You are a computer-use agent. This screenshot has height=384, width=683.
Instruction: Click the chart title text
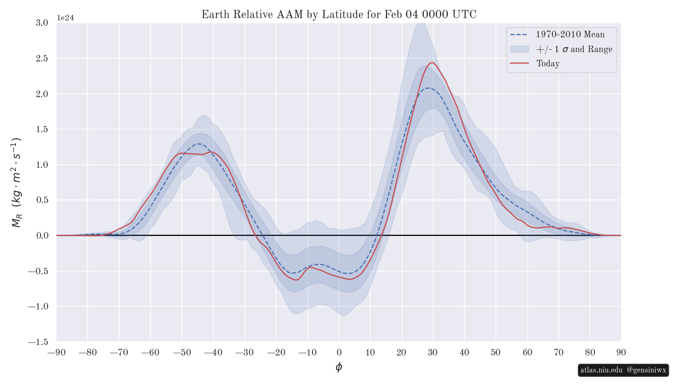click(339, 15)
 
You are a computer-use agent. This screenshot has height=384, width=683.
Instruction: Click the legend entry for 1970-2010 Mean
click(570, 35)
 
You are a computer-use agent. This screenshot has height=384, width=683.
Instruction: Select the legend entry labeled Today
click(548, 64)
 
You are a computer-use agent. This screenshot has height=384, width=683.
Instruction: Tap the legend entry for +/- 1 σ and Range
click(574, 49)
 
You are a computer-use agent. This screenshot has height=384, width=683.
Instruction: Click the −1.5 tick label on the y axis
click(38, 342)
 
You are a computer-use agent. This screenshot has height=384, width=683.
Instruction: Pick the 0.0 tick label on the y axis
click(41, 235)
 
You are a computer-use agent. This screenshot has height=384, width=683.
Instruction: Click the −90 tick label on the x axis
click(56, 352)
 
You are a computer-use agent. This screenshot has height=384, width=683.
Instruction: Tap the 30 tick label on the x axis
click(433, 352)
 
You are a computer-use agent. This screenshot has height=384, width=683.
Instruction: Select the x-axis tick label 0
click(339, 352)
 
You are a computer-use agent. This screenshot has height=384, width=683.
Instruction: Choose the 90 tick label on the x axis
click(621, 352)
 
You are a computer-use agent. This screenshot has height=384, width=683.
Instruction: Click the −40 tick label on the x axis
click(213, 352)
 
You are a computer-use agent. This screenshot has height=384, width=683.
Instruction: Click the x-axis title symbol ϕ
click(339, 367)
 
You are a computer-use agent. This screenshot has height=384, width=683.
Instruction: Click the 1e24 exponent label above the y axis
click(65, 18)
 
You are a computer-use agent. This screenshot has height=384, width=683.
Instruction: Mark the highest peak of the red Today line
click(432, 63)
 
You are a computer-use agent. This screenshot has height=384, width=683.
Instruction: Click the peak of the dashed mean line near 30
click(428, 88)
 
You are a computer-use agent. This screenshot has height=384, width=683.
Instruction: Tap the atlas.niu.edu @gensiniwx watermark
click(623, 370)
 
